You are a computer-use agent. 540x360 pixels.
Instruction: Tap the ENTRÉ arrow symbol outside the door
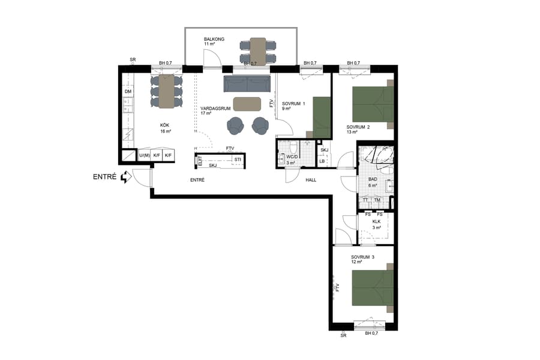(125, 177)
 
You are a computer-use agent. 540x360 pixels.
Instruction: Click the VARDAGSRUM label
(215, 108)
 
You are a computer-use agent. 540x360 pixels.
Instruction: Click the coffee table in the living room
(246, 104)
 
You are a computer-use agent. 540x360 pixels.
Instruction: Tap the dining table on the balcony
(258, 50)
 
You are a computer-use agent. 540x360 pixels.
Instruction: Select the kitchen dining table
(166, 91)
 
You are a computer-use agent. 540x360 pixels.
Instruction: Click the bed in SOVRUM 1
(322, 117)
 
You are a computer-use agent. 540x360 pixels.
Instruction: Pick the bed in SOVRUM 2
(372, 104)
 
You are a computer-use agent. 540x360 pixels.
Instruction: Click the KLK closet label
(376, 221)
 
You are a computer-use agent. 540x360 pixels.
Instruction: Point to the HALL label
(311, 179)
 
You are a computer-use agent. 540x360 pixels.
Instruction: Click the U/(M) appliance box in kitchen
(144, 156)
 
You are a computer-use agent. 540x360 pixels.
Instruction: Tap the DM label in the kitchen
(128, 91)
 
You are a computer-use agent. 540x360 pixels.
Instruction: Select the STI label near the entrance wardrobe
(238, 159)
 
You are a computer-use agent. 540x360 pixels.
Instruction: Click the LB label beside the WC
(322, 161)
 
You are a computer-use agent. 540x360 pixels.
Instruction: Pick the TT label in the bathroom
(365, 200)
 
